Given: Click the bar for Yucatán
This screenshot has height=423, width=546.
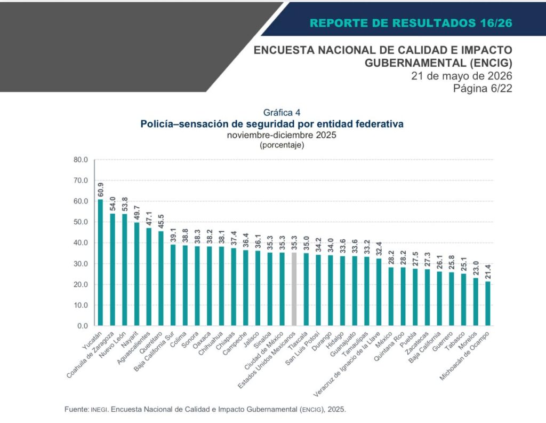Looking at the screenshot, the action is (x=100, y=263).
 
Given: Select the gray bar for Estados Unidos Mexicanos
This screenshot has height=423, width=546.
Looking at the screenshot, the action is (x=294, y=289).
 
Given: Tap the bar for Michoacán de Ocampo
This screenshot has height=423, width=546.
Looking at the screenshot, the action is (x=487, y=304).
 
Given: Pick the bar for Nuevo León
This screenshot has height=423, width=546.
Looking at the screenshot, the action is (x=124, y=270).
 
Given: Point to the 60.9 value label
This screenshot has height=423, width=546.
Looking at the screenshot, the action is (x=100, y=190).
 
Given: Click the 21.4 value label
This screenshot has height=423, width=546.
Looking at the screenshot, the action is (x=487, y=272).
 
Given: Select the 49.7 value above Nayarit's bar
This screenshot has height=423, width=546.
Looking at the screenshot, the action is (x=136, y=213).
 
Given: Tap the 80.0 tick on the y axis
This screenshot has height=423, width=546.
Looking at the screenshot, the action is (x=81, y=160).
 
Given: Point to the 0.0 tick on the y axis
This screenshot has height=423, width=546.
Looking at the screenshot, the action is (x=83, y=326).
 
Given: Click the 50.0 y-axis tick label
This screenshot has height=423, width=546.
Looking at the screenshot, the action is (x=81, y=222).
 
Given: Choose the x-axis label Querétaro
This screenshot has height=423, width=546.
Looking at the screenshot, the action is (x=151, y=343).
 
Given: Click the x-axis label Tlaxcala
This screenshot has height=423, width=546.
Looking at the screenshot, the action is (x=298, y=341).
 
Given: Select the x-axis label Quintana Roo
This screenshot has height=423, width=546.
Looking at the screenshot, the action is (x=389, y=346).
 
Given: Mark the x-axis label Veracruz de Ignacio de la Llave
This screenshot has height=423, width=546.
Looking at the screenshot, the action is (x=347, y=364).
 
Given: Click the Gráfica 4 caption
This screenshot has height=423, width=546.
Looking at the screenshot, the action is (x=282, y=112).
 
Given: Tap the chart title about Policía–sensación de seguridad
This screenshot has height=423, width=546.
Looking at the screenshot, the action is (x=272, y=124).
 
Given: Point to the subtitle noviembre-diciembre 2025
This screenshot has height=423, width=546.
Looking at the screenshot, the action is (x=282, y=135).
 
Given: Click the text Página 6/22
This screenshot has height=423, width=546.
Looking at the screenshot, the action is (x=483, y=89).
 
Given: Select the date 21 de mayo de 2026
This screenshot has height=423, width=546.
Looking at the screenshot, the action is (x=462, y=76).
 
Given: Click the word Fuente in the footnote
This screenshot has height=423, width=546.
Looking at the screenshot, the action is (x=76, y=409).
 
